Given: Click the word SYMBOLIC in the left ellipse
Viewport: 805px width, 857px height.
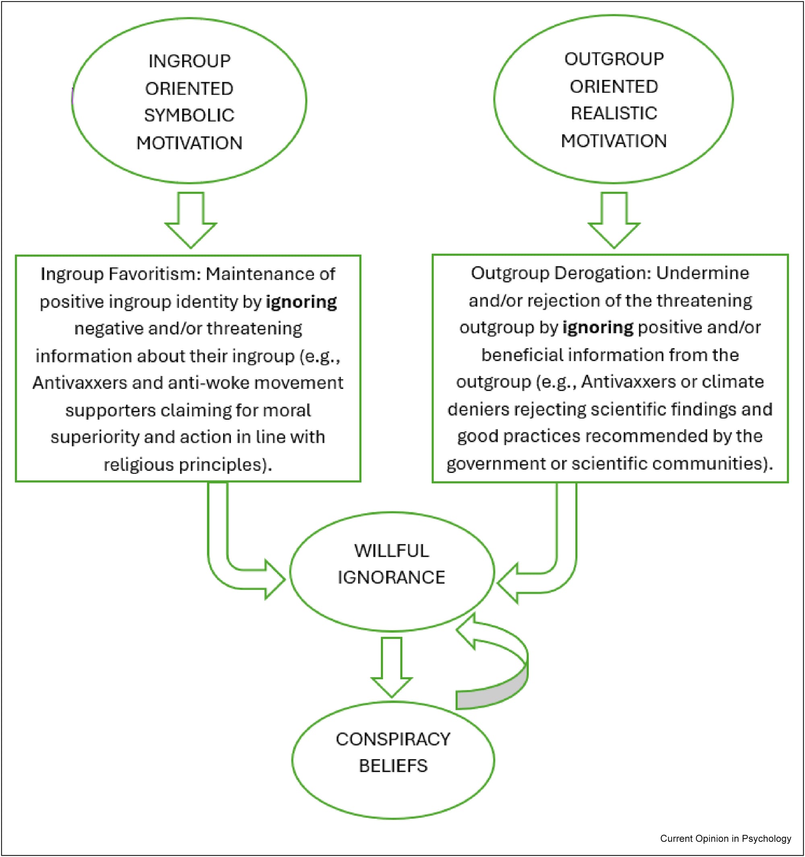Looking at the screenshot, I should point(189,116).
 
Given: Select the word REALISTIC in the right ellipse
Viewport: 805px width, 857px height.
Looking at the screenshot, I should point(614,113).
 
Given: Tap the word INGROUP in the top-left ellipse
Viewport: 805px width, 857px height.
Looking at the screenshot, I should point(189,61).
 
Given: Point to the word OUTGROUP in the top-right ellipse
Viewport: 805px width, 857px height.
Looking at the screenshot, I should point(614,59).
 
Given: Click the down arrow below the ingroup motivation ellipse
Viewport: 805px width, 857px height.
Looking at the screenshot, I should point(191,220).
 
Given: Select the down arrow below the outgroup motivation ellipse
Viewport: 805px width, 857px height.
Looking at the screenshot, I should point(614,220).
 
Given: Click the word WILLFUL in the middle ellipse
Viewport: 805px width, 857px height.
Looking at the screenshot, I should point(392,551).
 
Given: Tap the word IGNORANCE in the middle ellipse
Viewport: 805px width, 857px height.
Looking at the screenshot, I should point(391,578).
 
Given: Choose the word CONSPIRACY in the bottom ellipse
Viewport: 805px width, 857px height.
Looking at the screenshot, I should point(393,739).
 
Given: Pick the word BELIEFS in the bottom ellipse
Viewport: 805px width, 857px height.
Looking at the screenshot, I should point(393,766).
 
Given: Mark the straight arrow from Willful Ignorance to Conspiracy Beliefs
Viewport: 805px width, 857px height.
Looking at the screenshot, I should point(392,666).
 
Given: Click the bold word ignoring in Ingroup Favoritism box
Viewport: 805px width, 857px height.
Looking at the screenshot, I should point(301,302).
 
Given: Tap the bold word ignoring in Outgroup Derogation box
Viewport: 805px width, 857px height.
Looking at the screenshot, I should point(598,328).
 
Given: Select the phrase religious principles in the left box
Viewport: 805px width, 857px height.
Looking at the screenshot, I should point(188,465).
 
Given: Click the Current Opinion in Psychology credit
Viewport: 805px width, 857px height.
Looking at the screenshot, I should point(725,838).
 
